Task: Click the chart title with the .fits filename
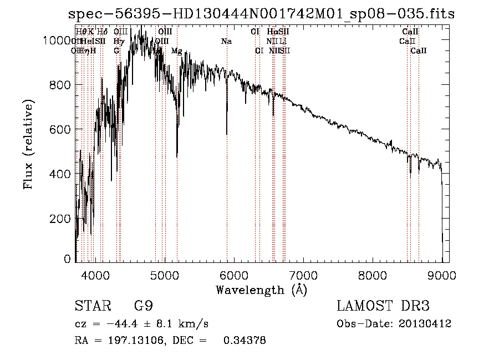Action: click(x=261, y=14)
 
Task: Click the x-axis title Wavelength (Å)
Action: click(x=261, y=290)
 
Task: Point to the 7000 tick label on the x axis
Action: click(x=303, y=273)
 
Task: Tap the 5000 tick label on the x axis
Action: click(x=164, y=273)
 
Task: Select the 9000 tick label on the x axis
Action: click(x=442, y=273)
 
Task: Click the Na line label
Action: click(x=226, y=42)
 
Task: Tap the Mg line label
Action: click(x=176, y=51)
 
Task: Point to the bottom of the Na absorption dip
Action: click(x=226, y=134)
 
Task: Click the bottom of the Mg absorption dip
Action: click(x=177, y=156)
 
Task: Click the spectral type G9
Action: click(x=143, y=306)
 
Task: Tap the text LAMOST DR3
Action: click(x=383, y=306)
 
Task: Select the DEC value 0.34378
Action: click(x=245, y=341)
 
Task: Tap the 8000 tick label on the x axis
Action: click(x=373, y=273)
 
